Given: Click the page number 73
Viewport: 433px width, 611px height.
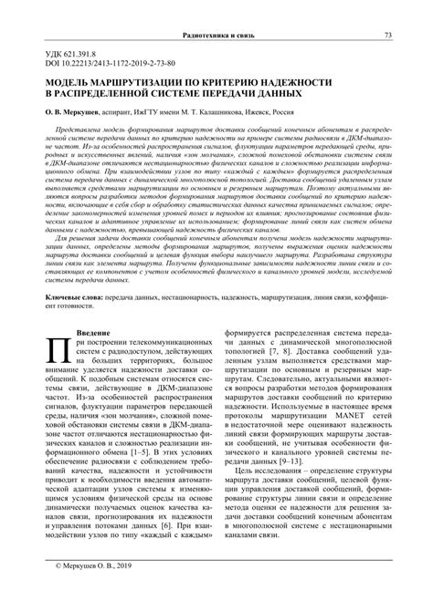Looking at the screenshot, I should pyautogui.click(x=388, y=35).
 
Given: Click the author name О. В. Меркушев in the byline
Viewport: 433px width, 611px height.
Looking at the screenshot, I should pyautogui.click(x=74, y=114).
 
